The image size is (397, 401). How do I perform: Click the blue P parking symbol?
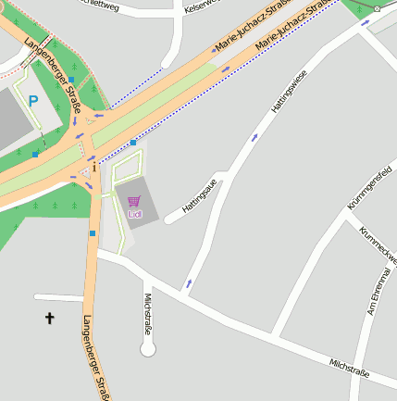tap(33, 101)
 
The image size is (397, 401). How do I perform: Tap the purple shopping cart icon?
tap(134, 201)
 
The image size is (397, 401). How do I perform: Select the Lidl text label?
tap(135, 215)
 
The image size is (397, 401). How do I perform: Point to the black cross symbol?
tap(50, 319)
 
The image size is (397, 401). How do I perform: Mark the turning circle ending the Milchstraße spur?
tap(148, 349)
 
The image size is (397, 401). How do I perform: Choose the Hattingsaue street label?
tap(199, 195)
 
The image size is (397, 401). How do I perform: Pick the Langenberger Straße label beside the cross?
tap(95, 357)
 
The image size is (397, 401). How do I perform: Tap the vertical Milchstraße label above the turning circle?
tap(148, 313)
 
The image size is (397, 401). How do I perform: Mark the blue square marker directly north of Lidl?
tap(133, 143)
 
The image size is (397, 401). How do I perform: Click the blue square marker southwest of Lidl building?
tap(93, 233)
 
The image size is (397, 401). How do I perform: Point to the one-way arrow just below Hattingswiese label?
tap(255, 137)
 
